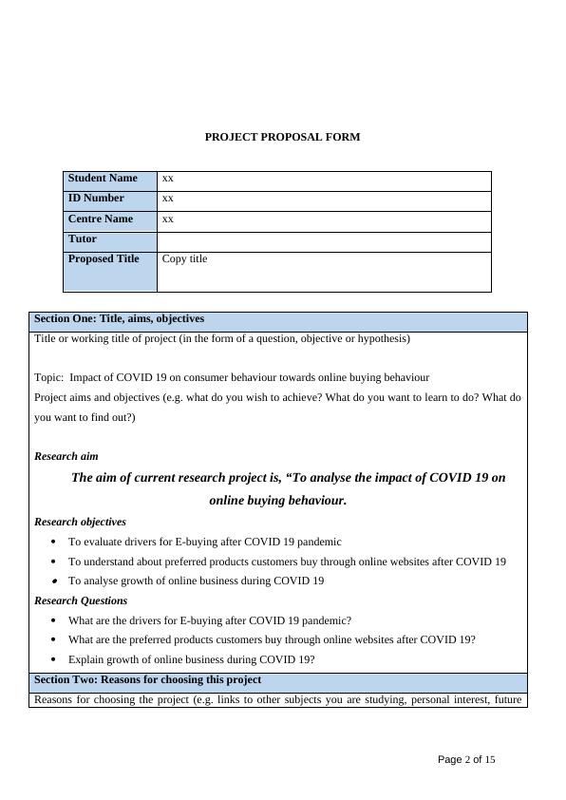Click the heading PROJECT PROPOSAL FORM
point(282,137)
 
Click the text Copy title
point(184,259)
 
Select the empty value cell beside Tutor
point(324,241)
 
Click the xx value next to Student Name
point(168,179)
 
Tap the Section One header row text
point(119,319)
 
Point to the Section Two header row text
point(147,680)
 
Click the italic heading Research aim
point(66,456)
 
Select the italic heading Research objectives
point(80,522)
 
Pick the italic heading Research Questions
point(81,600)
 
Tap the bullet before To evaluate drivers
point(54,543)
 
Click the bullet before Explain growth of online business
point(54,660)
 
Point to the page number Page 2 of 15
point(466,760)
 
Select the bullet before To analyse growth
point(54,581)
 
